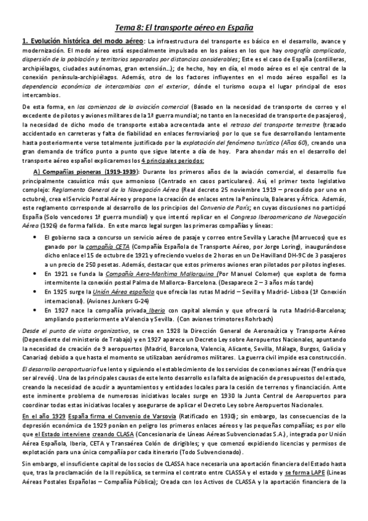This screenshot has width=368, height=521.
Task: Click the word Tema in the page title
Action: (125, 28)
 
